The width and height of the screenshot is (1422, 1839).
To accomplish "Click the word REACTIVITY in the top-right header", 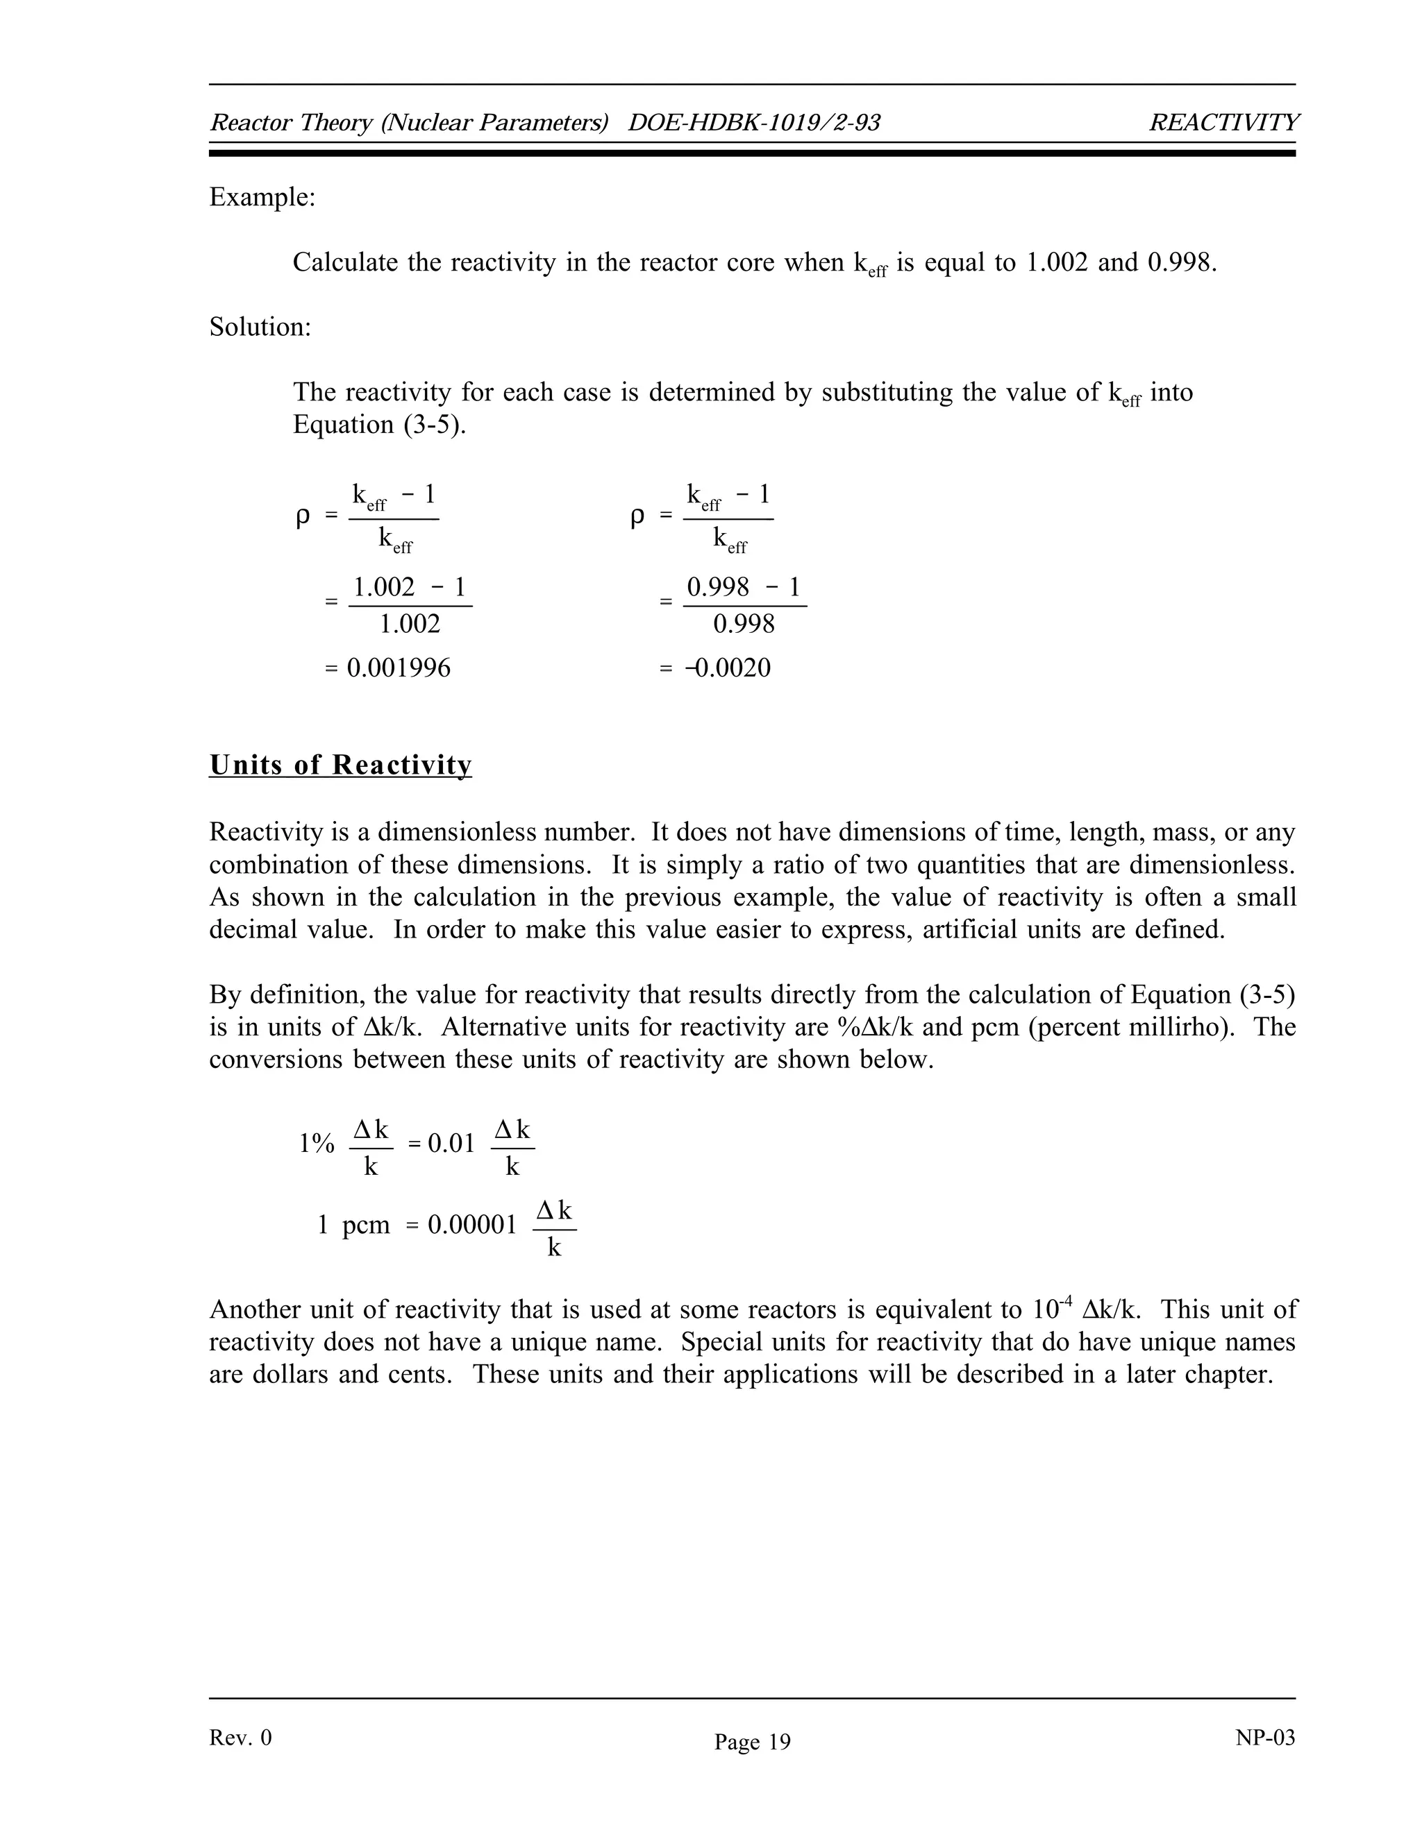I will point(1223,123).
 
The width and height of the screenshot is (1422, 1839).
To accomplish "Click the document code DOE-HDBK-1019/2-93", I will point(754,123).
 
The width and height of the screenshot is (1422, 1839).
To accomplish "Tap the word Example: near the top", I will point(262,197).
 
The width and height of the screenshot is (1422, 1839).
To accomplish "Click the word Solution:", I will point(260,327).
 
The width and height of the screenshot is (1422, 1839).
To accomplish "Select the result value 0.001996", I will point(399,668).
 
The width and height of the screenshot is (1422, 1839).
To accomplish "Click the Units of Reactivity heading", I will point(340,765).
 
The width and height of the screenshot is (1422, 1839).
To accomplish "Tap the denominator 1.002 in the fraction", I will point(410,624).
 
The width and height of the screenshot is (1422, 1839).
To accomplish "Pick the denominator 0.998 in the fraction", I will point(744,624).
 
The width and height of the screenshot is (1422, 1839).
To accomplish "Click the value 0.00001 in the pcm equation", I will point(471,1224).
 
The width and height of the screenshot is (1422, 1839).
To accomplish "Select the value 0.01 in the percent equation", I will point(451,1144).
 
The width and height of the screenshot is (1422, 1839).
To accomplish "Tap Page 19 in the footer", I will point(752,1742).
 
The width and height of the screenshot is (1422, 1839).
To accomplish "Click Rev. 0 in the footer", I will point(240,1738).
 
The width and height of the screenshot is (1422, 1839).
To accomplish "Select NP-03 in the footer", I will point(1264,1737).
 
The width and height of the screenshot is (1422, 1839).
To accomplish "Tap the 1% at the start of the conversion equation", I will point(317,1144).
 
